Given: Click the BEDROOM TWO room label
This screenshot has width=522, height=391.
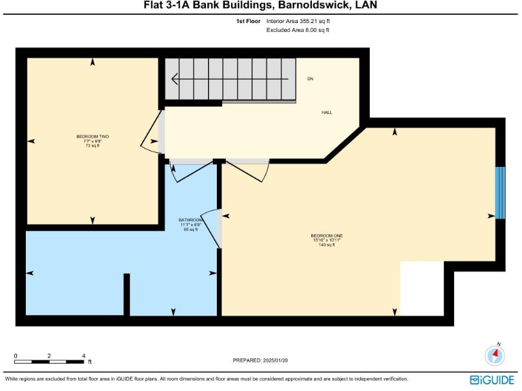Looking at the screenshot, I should (92, 136).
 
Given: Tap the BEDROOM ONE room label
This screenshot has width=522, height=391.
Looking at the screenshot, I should (327, 236).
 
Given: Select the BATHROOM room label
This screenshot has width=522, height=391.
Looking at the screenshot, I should (190, 220).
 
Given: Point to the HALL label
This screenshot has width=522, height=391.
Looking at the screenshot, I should (326, 113).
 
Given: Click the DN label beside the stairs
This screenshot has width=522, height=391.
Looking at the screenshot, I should (310, 79).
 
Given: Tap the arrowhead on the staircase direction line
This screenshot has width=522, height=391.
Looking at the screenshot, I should (175, 79).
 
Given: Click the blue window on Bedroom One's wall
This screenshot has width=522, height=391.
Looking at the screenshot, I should (500, 193).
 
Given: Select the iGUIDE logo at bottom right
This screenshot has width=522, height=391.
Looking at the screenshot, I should (491, 379).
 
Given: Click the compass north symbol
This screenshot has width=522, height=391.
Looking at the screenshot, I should (495, 354).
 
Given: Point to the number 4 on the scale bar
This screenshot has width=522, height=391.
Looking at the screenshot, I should (83, 356).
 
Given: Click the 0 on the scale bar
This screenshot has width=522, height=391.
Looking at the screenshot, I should (16, 356).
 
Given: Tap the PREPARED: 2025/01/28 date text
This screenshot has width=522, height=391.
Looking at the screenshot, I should (260, 360).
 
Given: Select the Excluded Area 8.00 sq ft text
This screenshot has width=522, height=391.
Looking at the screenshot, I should (298, 31).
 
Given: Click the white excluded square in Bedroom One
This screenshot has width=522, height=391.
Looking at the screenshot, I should (421, 288).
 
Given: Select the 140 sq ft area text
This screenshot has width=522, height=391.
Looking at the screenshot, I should (327, 244).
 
